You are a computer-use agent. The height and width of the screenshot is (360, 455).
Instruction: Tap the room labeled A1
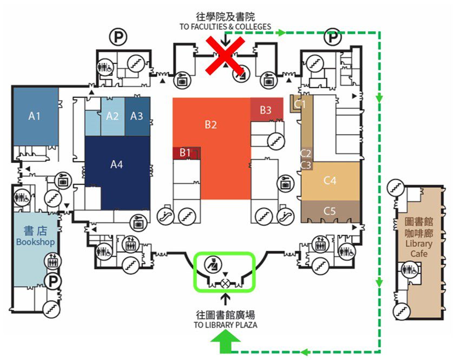pos(35,115)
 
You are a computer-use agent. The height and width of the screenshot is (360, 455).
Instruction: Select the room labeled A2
pos(113,115)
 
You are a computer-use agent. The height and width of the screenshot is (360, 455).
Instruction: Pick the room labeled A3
pos(137,115)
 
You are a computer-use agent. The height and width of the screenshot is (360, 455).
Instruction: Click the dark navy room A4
pos(117,164)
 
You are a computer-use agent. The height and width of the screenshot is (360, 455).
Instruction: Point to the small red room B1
pos(185,153)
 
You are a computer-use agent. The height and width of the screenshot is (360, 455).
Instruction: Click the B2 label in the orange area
pos(210,125)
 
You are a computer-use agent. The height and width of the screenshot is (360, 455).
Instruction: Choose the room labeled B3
pos(266,110)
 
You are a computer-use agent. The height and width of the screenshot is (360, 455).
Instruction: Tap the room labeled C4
pos(330,180)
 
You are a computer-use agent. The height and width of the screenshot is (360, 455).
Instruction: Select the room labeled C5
pos(330,210)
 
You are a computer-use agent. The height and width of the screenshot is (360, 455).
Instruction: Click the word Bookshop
pos(36,242)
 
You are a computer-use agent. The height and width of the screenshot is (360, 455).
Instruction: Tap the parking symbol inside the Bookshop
pos(52,281)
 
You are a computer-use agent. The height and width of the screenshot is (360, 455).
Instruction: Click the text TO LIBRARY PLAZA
pos(226,325)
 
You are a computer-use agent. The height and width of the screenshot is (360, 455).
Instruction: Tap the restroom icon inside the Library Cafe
pos(410,270)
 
